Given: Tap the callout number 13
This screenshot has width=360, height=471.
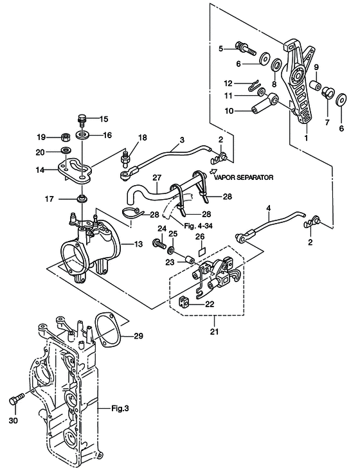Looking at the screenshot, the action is pos(138,244).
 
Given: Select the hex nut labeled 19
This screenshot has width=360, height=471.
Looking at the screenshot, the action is pos(66,138).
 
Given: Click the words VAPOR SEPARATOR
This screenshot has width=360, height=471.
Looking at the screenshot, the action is pos(244,177).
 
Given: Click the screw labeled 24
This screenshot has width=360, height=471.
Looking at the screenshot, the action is pos(159,242).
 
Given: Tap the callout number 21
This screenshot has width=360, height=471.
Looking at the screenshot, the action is pos(215,332).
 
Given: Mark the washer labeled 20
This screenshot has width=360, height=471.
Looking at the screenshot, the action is pos(66,150).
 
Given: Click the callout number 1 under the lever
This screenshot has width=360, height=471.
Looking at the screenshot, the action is pos(306,138).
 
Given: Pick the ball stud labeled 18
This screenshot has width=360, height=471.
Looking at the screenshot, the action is pos(125,159).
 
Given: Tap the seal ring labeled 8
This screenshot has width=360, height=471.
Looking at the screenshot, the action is pos(276,65).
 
